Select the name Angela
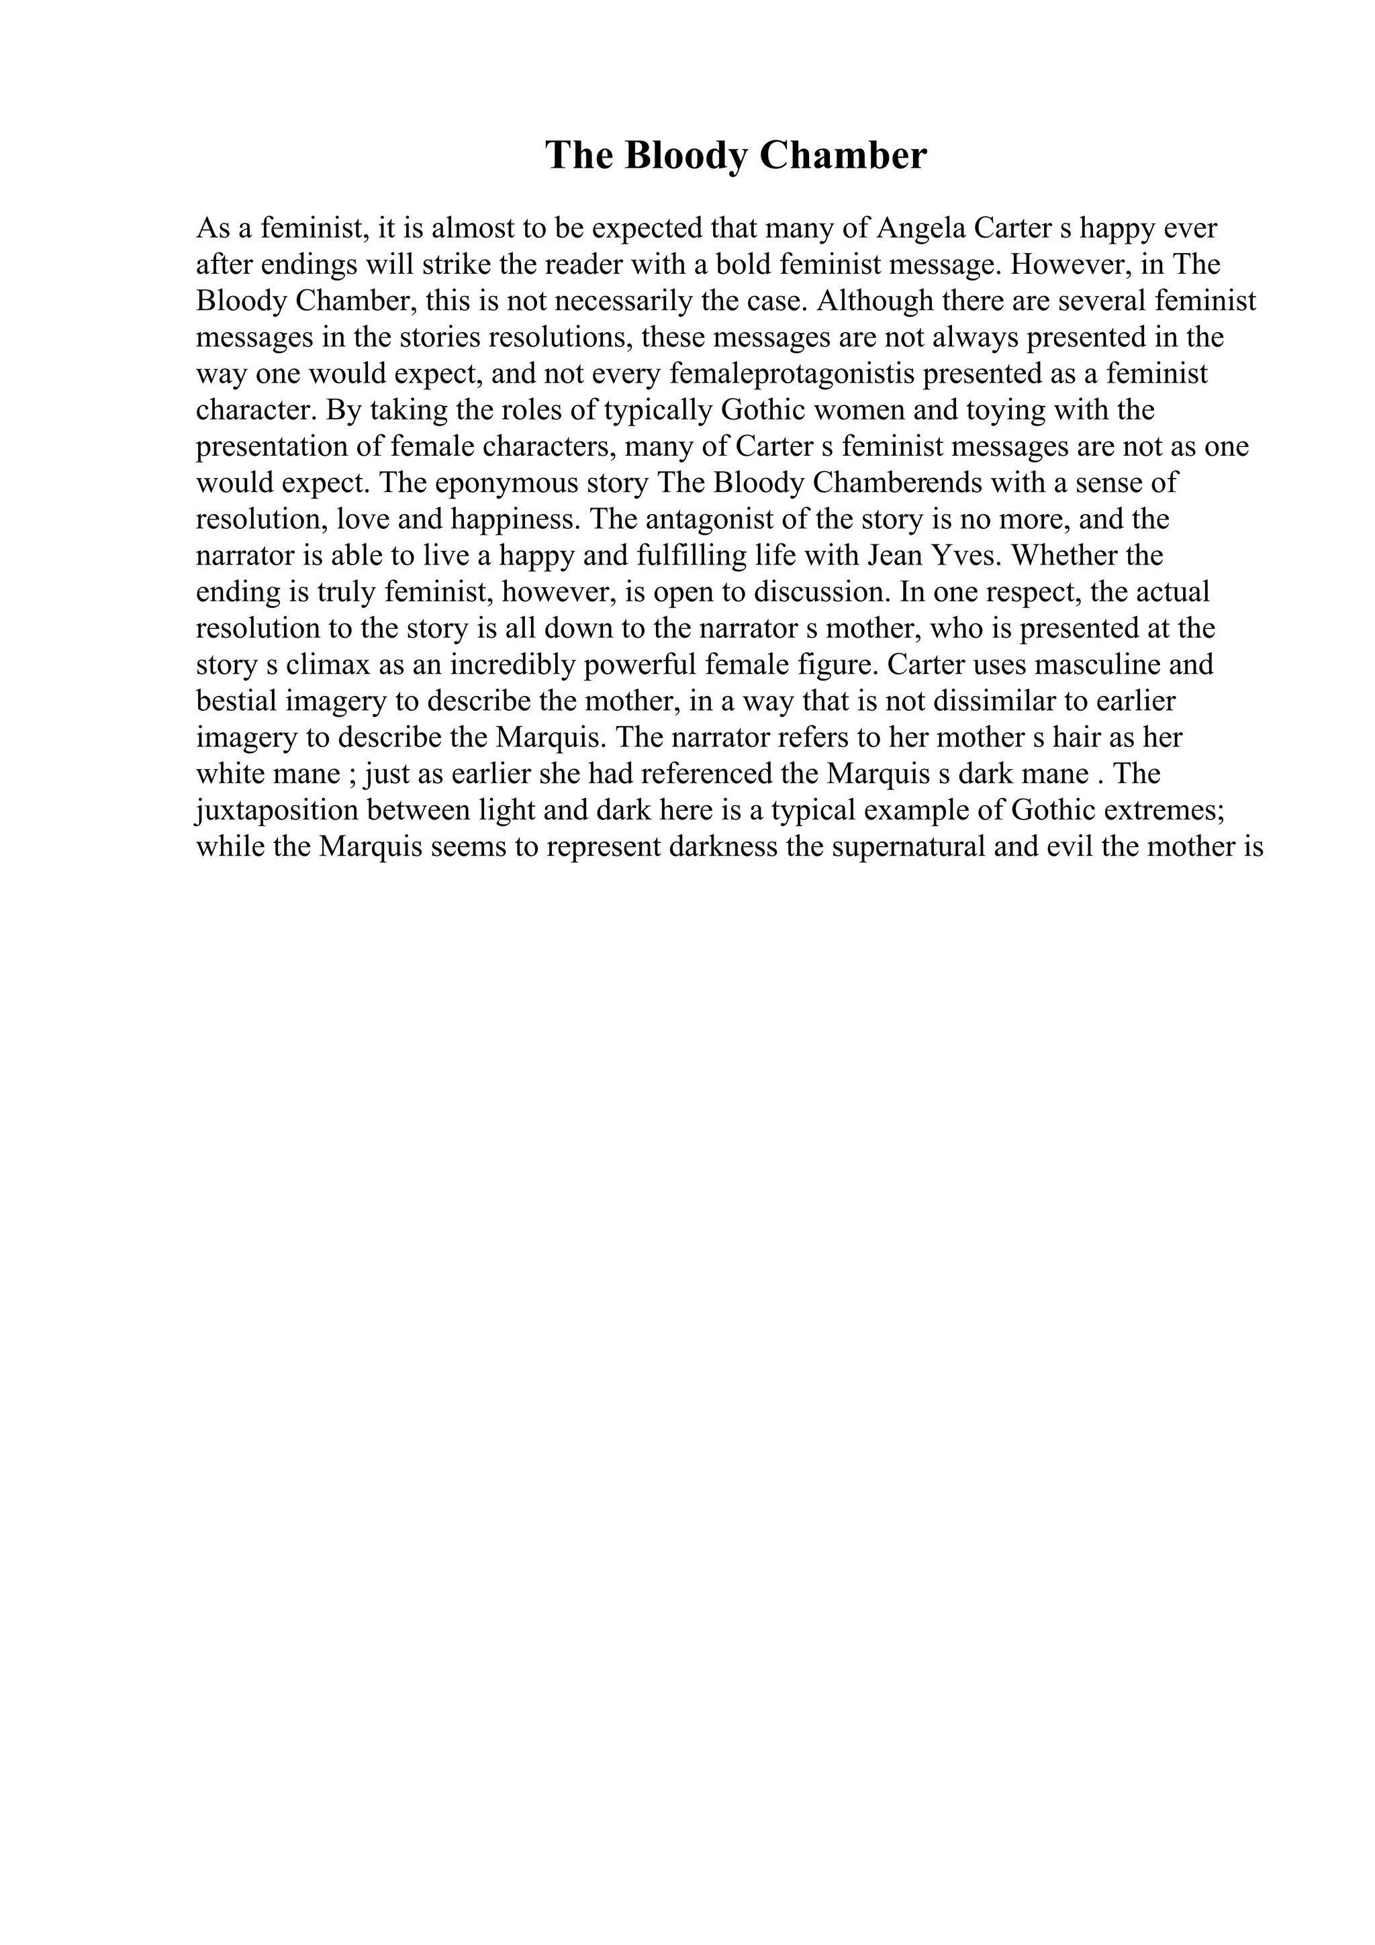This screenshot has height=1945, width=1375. coord(922,229)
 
